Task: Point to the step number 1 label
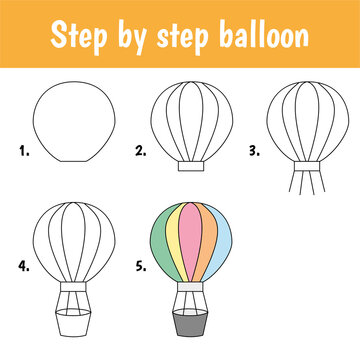(x=22, y=153)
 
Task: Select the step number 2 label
(x=140, y=153)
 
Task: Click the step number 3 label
(x=253, y=153)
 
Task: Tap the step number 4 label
(x=22, y=268)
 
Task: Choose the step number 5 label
(x=140, y=268)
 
